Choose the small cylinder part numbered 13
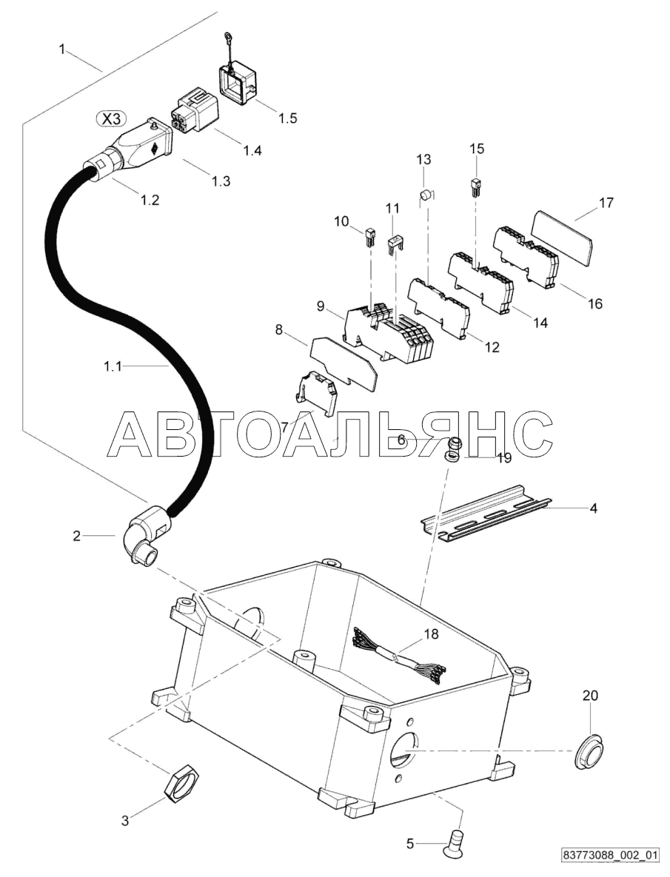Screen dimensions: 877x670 click(x=426, y=195)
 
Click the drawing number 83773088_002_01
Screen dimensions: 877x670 click(x=609, y=856)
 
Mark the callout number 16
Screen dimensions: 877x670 click(x=595, y=303)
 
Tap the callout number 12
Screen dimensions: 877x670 click(x=492, y=346)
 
